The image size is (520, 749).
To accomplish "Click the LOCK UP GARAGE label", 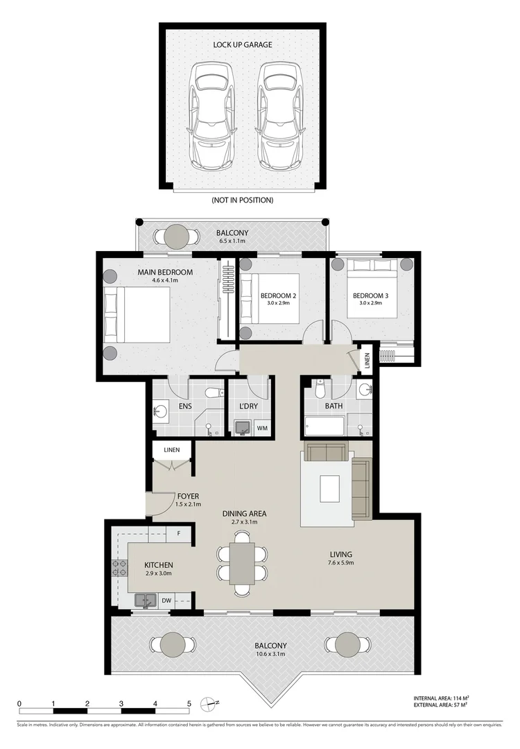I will coord(242,45).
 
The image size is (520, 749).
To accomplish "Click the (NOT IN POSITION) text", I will coord(242,200).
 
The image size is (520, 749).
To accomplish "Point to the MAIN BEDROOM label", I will coord(165,273).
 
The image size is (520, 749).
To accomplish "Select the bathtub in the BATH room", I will coord(324,426).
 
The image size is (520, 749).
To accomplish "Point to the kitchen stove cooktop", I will coord(119,569).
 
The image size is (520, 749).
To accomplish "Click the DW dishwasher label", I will coord(166,601).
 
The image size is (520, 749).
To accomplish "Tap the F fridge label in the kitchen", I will coord(179,534).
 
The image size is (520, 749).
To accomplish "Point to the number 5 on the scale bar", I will coord(189,703).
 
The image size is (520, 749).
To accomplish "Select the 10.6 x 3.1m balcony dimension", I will coord(270,655).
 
